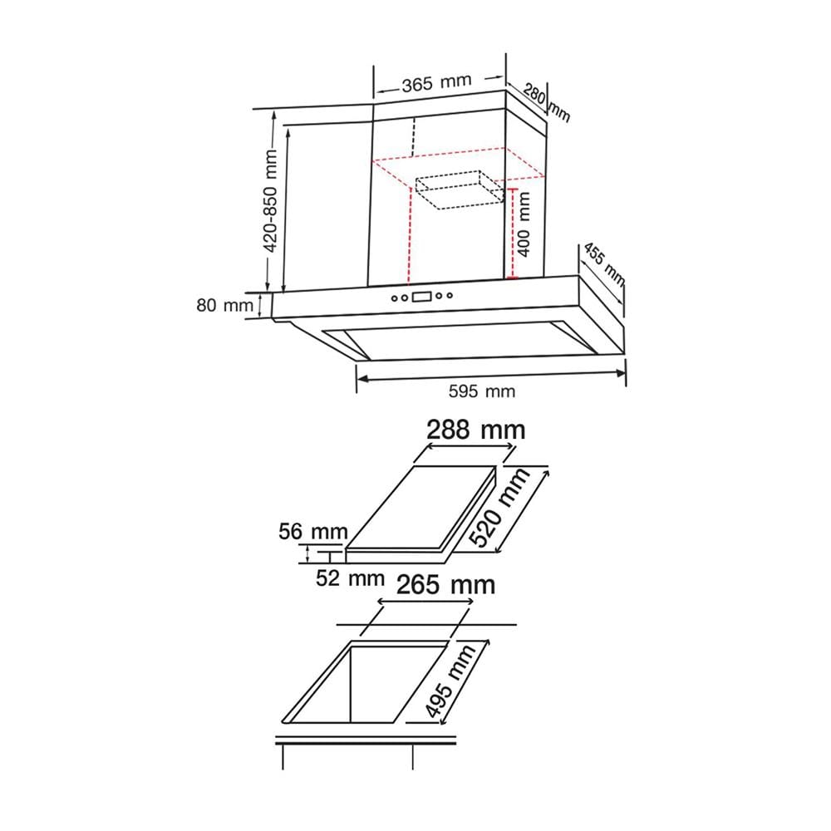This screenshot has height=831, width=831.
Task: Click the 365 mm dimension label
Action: click(x=436, y=83)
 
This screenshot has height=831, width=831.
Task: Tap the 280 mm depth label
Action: click(x=547, y=102)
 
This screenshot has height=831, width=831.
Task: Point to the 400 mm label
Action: click(x=524, y=224)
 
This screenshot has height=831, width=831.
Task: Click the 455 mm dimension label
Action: click(x=604, y=264)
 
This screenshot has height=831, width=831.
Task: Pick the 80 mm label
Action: click(x=224, y=305)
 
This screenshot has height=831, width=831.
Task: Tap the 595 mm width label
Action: click(x=482, y=391)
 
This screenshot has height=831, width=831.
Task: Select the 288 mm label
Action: click(x=476, y=430)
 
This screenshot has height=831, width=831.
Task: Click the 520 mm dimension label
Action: click(x=499, y=508)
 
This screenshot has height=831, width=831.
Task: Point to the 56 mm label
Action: click(x=313, y=531)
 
